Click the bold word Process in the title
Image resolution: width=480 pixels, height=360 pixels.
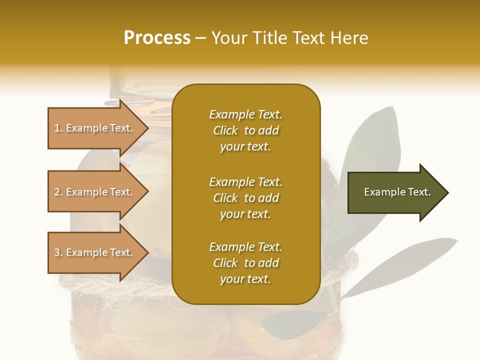point(157,37)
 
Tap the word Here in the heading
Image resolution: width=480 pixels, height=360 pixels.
point(349,37)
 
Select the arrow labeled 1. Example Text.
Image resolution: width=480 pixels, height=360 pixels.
point(95,128)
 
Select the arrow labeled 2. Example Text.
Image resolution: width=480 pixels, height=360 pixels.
point(95,192)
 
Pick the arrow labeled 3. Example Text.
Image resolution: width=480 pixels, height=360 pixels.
point(95,252)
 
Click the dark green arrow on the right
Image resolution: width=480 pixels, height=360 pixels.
point(395,192)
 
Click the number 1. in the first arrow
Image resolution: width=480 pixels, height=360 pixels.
point(58,128)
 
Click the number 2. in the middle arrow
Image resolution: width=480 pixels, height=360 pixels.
point(58,192)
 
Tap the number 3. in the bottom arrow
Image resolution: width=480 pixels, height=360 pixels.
point(58,252)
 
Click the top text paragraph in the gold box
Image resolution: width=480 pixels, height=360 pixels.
point(245,130)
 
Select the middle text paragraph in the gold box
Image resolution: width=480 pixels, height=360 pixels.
point(245,198)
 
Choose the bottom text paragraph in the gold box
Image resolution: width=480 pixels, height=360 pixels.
point(245,263)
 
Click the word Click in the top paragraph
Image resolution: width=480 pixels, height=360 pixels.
point(225,130)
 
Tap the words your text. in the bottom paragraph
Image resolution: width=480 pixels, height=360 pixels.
point(245,279)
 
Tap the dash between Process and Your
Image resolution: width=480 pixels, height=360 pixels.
point(200,38)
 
